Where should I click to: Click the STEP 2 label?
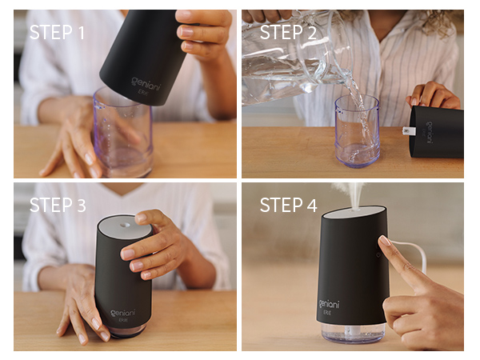[289, 32]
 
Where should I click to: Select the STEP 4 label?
[289, 206]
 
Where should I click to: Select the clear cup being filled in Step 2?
[357, 132]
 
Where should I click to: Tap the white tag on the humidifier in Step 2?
[406, 129]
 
